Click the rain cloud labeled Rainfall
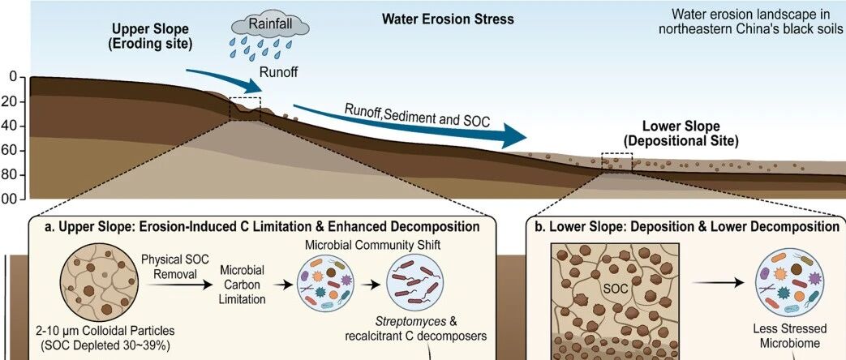point(270,26)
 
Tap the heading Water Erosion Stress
point(448,19)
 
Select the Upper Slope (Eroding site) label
point(150,36)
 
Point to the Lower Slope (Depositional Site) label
point(681,135)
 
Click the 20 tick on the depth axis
point(17,102)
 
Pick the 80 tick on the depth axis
point(17,175)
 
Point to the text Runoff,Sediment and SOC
point(417,115)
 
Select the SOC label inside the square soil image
point(616,289)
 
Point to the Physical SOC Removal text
point(167,267)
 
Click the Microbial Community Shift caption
point(373,245)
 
